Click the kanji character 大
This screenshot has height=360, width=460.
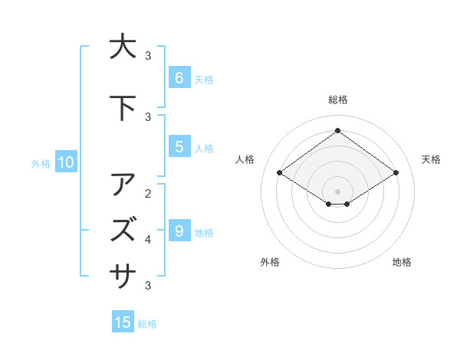click(x=122, y=46)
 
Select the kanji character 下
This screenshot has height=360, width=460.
click(x=122, y=107)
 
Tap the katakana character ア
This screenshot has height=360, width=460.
click(x=122, y=185)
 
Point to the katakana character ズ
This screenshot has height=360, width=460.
click(x=122, y=229)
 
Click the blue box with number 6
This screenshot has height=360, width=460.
click(x=179, y=78)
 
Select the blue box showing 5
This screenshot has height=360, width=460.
click(x=179, y=147)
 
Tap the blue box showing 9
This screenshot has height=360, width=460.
click(x=179, y=231)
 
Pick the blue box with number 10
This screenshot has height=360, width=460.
click(x=65, y=162)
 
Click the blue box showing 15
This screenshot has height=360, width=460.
click(x=123, y=322)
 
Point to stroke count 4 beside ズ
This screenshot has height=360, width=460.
click(x=148, y=240)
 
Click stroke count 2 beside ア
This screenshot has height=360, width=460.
click(x=148, y=193)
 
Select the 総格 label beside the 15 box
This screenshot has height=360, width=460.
click(x=147, y=324)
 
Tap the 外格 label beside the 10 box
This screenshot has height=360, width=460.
click(x=41, y=163)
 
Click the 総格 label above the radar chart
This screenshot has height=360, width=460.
click(x=338, y=100)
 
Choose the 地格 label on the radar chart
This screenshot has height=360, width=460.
click(x=402, y=262)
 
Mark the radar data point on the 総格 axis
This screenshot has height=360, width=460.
click(x=337, y=131)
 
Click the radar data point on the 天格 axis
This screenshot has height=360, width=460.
click(x=396, y=173)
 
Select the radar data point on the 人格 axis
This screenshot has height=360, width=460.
click(x=280, y=173)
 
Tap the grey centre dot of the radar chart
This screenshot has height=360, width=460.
click(x=337, y=191)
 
